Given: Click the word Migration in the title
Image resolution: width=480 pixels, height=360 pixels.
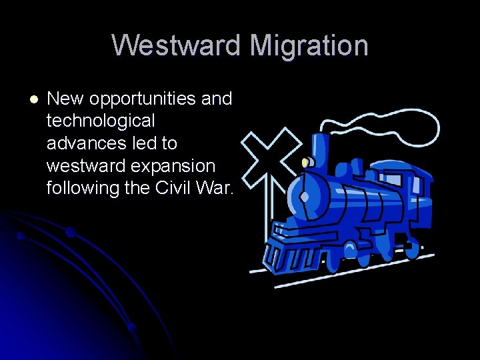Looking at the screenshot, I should point(308,46).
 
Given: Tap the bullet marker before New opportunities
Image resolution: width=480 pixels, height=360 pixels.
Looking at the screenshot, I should point(34,99).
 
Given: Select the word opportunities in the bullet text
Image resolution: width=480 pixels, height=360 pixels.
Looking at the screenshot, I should point(143,99).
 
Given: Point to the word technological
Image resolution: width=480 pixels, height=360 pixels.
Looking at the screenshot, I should point(101,121).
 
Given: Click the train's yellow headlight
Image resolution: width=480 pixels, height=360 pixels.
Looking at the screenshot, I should point(306,162).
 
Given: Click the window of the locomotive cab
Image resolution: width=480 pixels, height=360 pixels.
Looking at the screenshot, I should point(393,179).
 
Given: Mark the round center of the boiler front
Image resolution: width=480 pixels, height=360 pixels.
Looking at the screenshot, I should point(305,197).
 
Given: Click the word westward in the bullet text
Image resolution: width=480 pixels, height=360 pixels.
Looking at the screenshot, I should point(86,165).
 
